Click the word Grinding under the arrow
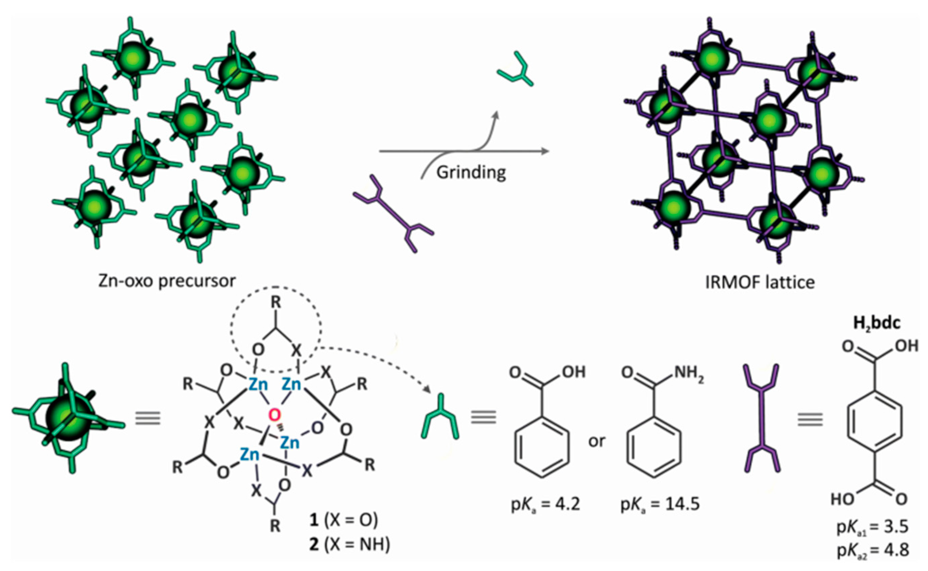[471, 173]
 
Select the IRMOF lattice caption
[760, 282]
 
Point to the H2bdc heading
[877, 324]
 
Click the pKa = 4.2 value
[545, 505]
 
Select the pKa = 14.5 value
[660, 505]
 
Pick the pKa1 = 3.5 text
[872, 527]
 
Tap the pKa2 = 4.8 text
[872, 551]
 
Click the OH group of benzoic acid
[574, 372]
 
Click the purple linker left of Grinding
[393, 213]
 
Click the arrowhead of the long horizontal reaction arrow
[545, 151]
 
